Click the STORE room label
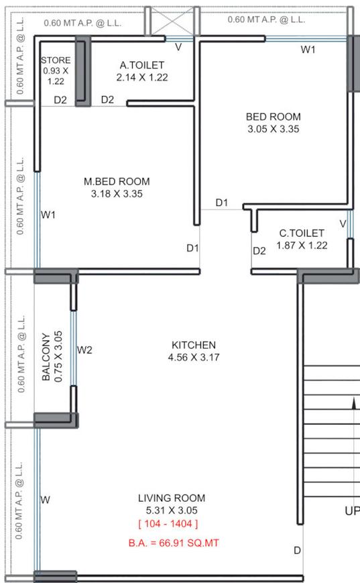[x=55, y=60]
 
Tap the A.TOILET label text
[x=142, y=65]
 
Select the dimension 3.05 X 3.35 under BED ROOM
[x=273, y=129]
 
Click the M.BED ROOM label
[x=117, y=181]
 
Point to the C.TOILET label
[x=302, y=233]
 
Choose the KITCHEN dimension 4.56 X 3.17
[x=193, y=358]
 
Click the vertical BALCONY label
[x=46, y=357]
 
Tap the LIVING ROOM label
[x=172, y=498]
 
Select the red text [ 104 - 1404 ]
[x=168, y=523]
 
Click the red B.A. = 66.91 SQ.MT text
[x=174, y=543]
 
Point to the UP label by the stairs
[x=352, y=511]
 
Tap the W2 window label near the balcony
[x=84, y=350]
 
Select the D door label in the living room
[x=297, y=551]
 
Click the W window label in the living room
[x=46, y=499]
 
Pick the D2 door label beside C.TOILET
[x=259, y=251]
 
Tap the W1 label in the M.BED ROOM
[x=48, y=215]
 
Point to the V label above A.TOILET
[x=178, y=47]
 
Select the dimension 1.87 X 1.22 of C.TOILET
[x=302, y=246]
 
